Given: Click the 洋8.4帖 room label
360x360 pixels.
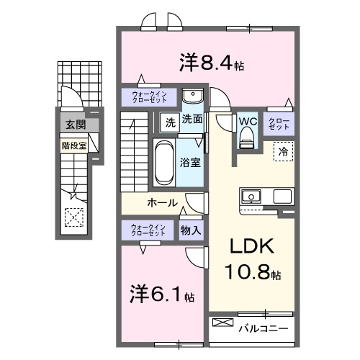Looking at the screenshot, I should [210, 63].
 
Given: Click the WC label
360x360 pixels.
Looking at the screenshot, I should [247, 120].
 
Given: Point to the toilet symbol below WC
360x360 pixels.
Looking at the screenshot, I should [247, 136].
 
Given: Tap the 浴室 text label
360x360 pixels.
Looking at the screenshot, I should [190, 163].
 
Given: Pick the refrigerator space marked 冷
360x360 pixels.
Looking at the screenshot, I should [283, 153].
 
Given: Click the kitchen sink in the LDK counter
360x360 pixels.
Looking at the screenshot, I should [251, 195].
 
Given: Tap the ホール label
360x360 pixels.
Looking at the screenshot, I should [162, 203].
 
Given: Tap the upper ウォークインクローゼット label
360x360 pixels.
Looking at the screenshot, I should [148, 96].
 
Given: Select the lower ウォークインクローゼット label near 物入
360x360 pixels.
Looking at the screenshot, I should [148, 230].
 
